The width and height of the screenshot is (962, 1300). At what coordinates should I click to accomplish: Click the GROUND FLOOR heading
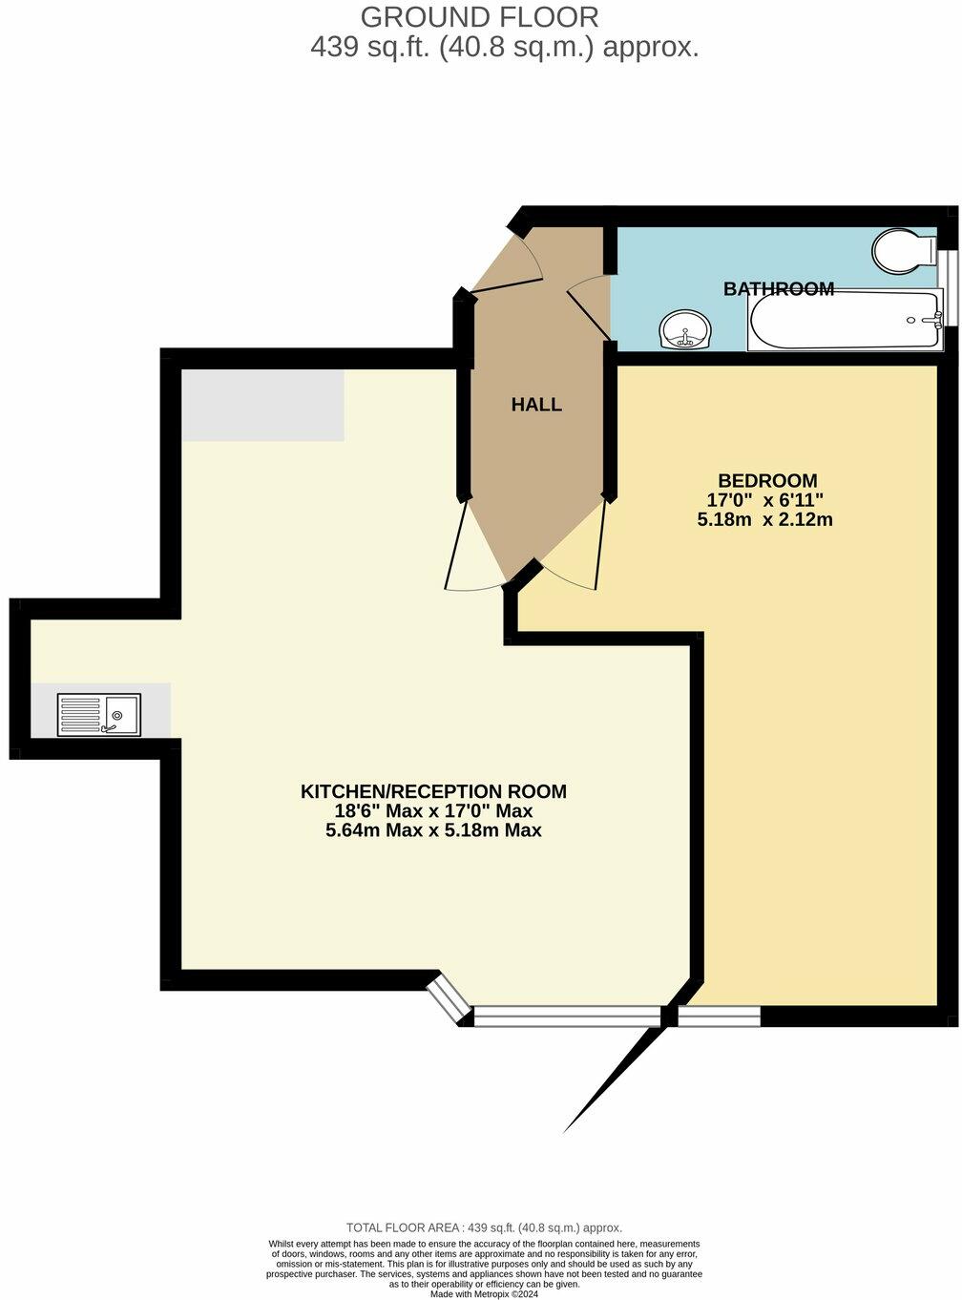pyautogui.click(x=480, y=16)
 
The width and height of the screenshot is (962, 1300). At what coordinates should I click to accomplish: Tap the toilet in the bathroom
pyautogui.click(x=903, y=251)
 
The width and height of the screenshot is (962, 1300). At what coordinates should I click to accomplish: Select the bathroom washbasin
pyautogui.click(x=684, y=330)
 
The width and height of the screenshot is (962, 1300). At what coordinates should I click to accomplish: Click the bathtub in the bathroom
pyautogui.click(x=845, y=321)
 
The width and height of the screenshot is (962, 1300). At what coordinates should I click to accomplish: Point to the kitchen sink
pyautogui.click(x=99, y=714)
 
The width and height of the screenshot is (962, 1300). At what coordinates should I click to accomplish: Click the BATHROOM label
pyautogui.click(x=778, y=288)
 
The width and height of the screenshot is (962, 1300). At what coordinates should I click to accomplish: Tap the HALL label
pyautogui.click(x=536, y=405)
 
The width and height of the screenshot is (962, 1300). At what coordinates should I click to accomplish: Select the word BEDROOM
pyautogui.click(x=767, y=480)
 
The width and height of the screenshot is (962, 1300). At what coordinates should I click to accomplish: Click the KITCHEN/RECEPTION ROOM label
pyautogui.click(x=433, y=791)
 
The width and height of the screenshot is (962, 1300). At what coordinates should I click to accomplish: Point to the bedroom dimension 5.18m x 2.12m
pyautogui.click(x=765, y=520)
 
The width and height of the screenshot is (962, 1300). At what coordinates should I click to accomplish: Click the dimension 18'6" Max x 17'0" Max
pyautogui.click(x=433, y=811)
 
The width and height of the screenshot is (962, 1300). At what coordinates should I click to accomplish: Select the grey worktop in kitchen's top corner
pyautogui.click(x=262, y=406)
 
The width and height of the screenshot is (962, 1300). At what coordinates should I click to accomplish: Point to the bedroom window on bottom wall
pyautogui.click(x=719, y=1017)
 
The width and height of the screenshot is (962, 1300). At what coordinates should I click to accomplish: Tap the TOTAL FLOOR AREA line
pyautogui.click(x=484, y=1227)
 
